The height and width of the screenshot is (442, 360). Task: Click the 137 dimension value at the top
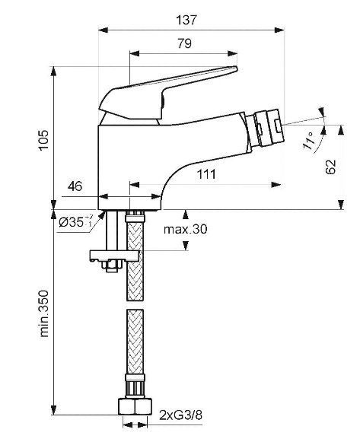186,20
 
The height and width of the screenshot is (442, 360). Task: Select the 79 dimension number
185,43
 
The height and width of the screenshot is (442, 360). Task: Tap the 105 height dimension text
44,141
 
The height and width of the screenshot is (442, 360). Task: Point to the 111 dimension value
206,174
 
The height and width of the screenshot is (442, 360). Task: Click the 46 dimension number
75,186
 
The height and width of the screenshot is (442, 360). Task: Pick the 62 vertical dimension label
330,167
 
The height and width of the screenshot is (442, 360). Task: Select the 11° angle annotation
308,141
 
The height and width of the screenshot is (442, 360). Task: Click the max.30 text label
186,229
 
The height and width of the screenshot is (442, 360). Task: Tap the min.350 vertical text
44,313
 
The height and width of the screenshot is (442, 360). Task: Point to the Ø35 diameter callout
75,222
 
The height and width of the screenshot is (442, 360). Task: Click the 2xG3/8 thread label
180,415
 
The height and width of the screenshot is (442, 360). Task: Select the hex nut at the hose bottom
135,406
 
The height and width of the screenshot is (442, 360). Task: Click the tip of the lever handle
236,68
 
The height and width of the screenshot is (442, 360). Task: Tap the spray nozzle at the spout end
267,129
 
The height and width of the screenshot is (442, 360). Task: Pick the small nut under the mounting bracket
112,266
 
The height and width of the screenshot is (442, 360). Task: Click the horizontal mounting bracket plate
114,256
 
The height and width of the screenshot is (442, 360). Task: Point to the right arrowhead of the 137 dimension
279,30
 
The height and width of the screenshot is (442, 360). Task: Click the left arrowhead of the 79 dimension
134,53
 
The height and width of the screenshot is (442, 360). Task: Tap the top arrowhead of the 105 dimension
53,72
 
